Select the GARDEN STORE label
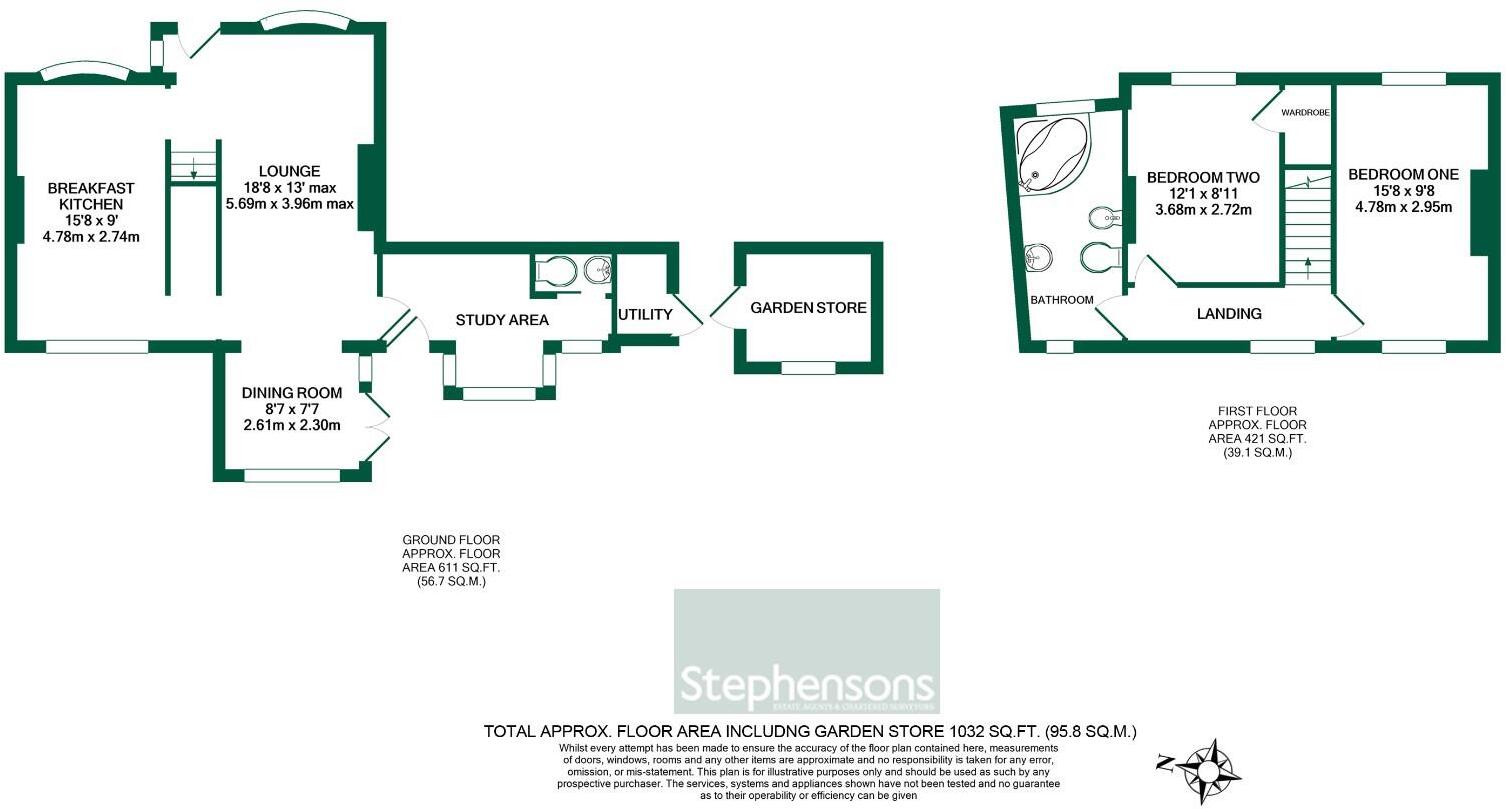pos(808,308)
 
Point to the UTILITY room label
pos(645,315)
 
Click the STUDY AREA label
pos(502,320)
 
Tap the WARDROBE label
pos(1305,114)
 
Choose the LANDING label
pos(1229,314)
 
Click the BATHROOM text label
pos(1061,299)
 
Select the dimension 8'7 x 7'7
pos(292,409)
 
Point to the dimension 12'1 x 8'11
pos(1202,194)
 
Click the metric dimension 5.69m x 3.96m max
pos(290,204)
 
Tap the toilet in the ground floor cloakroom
pos(554,270)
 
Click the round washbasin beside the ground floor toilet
pos(598,268)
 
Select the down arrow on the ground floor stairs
pos(193,172)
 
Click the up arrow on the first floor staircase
pos(1308,266)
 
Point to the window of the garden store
pos(808,368)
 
